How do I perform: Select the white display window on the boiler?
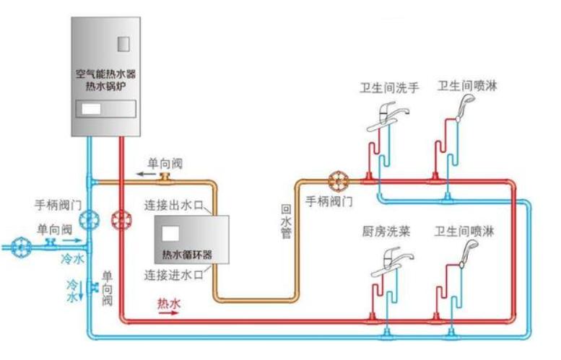(x=92, y=110)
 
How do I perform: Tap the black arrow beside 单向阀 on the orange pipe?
(x=145, y=175)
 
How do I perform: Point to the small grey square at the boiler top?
(x=123, y=43)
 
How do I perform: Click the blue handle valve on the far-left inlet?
(x=23, y=246)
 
